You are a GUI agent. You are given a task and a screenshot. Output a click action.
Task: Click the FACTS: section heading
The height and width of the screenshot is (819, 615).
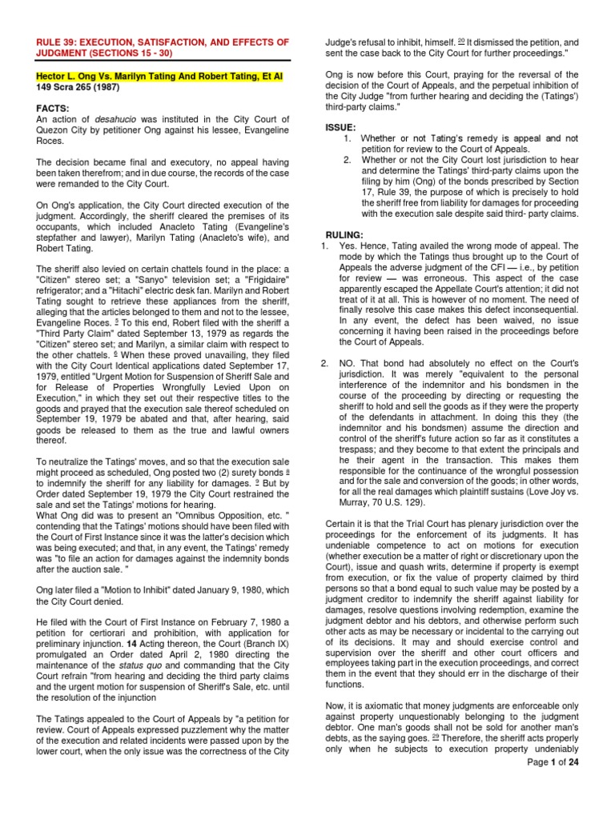[x=52, y=109]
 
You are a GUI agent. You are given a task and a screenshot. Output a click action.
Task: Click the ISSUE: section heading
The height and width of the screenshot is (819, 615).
[x=341, y=127]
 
